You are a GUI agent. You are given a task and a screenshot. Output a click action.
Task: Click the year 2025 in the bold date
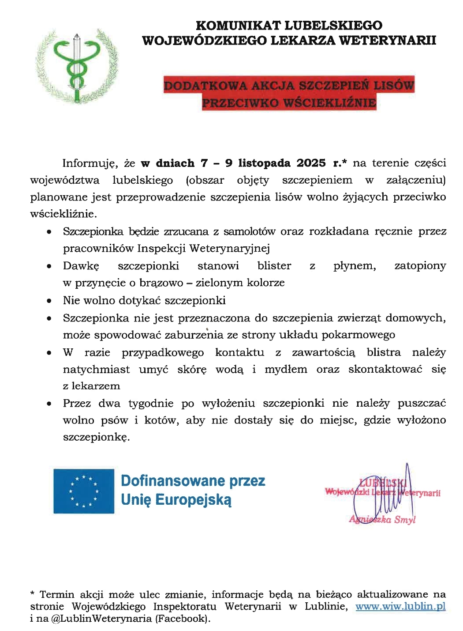311,163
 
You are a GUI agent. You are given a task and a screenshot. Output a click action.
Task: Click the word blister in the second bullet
274,266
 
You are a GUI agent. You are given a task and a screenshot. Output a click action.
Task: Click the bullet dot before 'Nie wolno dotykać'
49,301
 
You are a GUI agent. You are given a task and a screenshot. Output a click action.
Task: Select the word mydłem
286,369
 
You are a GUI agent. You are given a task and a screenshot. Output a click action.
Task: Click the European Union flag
84,491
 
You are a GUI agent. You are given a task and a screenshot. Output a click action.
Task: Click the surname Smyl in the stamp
405,520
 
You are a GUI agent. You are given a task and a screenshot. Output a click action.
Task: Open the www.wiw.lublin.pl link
400,606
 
